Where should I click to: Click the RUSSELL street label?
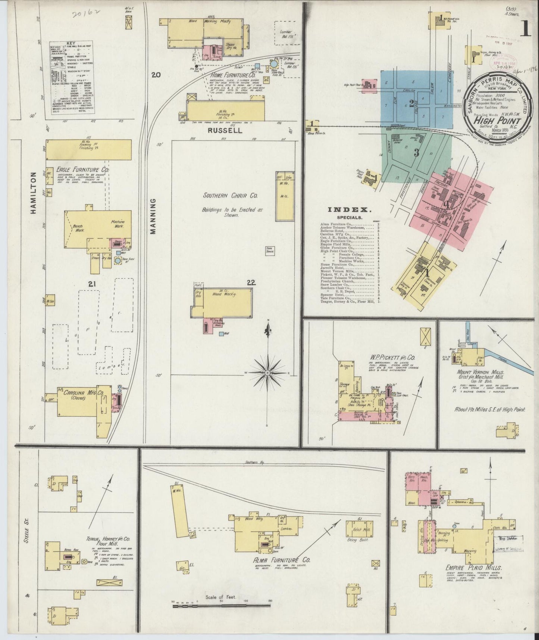pyautogui.click(x=225, y=131)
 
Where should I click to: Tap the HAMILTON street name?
pyautogui.click(x=33, y=193)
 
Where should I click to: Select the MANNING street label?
pyautogui.click(x=153, y=216)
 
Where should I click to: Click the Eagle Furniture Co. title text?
pyautogui.click(x=82, y=170)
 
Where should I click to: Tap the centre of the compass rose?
pyautogui.click(x=268, y=373)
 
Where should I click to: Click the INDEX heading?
pyautogui.click(x=349, y=210)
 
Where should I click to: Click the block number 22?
pyautogui.click(x=251, y=283)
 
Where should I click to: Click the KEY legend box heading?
pyautogui.click(x=70, y=43)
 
